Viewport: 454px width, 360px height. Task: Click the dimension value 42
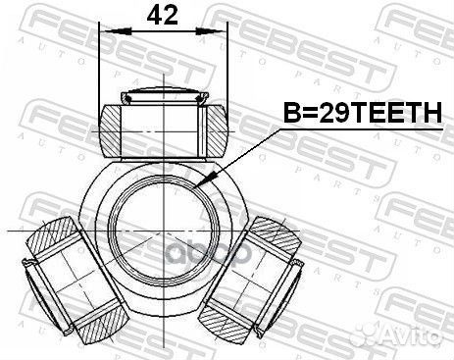tap(163, 17)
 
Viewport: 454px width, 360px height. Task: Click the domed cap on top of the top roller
tap(163, 95)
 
